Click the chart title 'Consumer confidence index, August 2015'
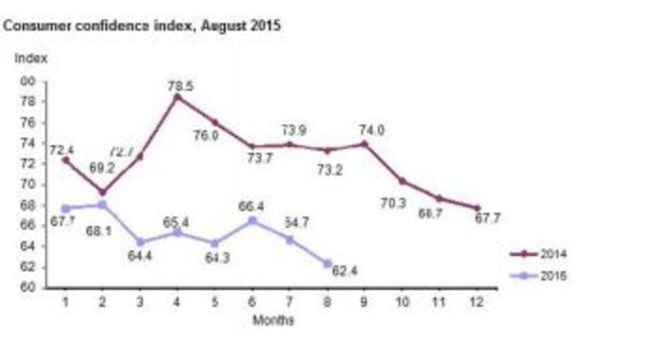click(x=142, y=25)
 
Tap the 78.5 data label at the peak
click(x=179, y=86)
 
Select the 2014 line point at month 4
click(x=178, y=97)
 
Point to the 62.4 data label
click(x=346, y=271)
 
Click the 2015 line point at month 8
click(x=328, y=263)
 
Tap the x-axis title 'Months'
click(x=273, y=320)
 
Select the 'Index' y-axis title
click(x=31, y=57)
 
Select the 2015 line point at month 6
click(x=253, y=220)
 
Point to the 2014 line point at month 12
click(x=478, y=208)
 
